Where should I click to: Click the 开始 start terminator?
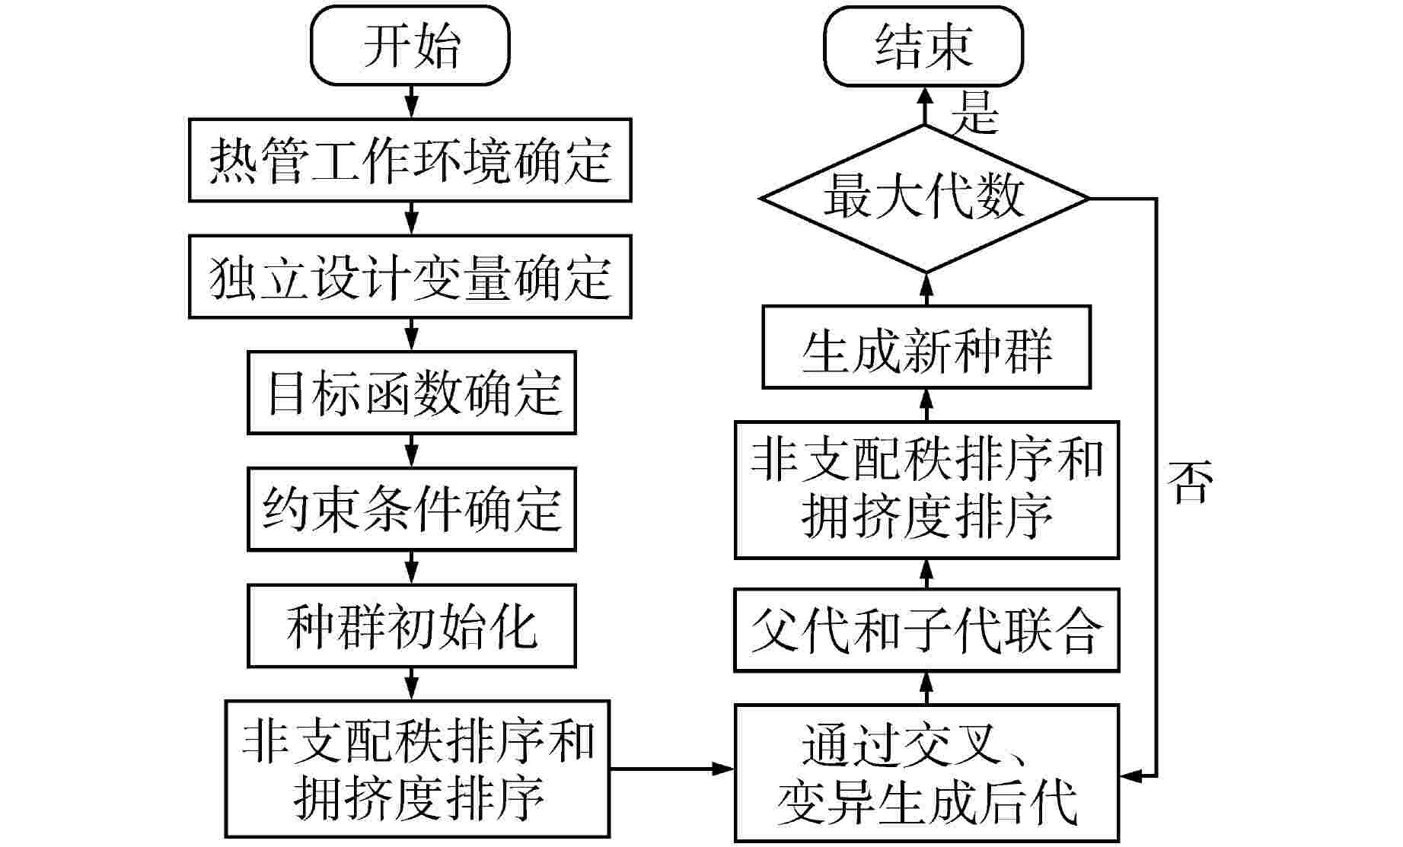pos(410,46)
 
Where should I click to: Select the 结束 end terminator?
pos(923,46)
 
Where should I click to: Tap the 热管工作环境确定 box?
pos(410,160)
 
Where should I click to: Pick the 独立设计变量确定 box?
pos(410,276)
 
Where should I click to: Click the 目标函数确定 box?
pos(411,393)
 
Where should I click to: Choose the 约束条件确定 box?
pos(411,509)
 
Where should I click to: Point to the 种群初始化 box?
pos(411,626)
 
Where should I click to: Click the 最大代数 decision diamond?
pos(925,198)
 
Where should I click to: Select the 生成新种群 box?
pos(926,347)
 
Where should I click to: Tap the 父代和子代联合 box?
pos(926,630)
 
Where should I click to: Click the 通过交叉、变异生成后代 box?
pos(926,772)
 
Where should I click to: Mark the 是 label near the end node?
pos(974,113)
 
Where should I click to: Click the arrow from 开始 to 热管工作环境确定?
pos(411,101)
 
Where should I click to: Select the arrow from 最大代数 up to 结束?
pos(925,105)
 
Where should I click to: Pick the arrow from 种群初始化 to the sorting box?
pos(411,684)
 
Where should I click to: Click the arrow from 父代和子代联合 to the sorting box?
pos(926,573)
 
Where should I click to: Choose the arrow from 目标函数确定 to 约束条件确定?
pos(411,451)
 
